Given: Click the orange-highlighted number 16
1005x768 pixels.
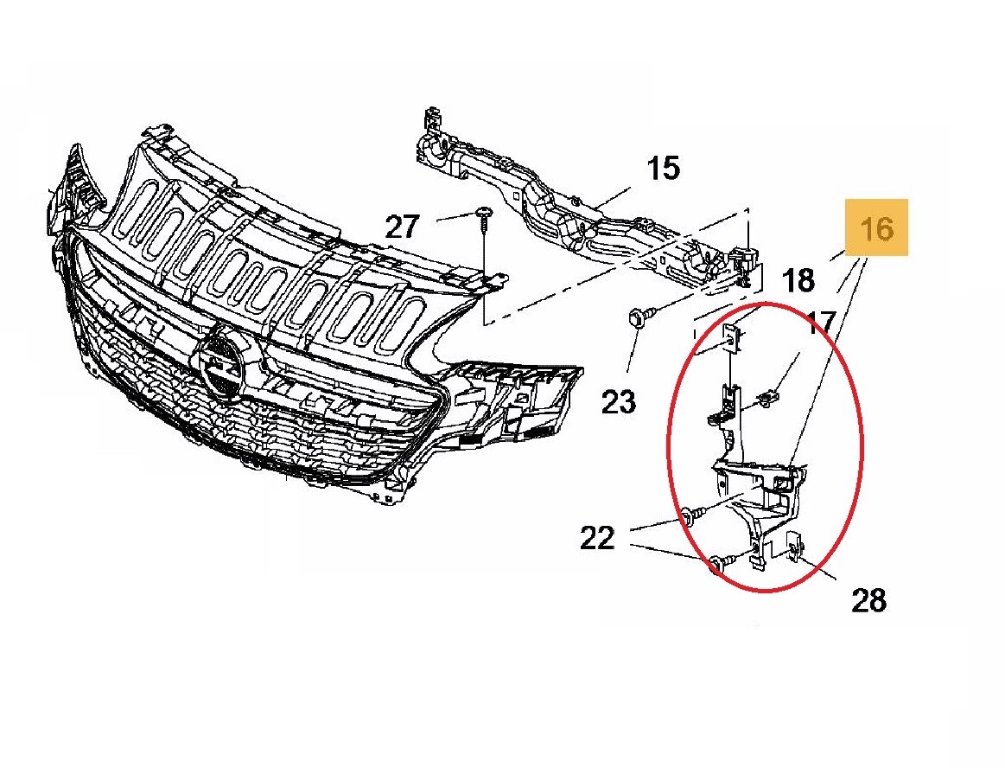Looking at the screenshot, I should (876, 227).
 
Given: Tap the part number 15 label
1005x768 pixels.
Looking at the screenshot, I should (663, 168).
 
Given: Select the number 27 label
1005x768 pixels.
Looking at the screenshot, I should (402, 227).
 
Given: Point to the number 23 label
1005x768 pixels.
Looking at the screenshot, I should (619, 400).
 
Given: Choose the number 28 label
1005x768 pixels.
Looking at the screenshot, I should (868, 598).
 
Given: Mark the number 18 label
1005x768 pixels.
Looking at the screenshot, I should (798, 280).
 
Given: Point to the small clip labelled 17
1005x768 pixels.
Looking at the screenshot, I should (765, 399).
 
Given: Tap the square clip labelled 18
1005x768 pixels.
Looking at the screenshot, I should (730, 337).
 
